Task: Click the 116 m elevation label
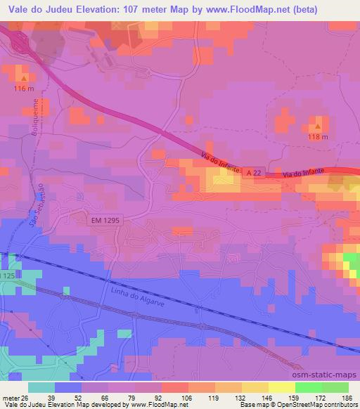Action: click(23, 89)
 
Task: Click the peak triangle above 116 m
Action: click(24, 78)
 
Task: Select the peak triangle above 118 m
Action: click(319, 126)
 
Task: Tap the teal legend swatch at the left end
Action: click(41, 387)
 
